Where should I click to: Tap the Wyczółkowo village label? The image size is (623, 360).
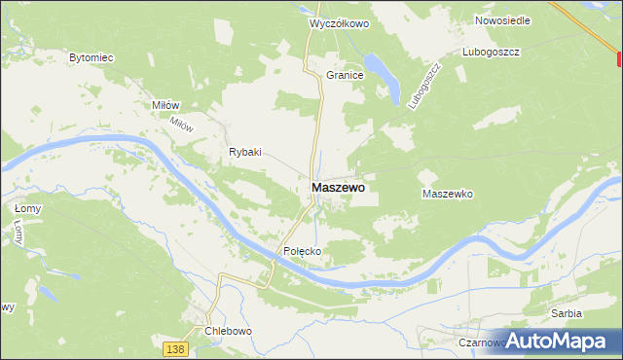[339, 22]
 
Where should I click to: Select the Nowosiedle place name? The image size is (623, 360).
[501, 19]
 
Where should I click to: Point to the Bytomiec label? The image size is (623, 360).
[92, 58]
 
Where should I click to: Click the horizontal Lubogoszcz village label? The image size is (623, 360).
[493, 51]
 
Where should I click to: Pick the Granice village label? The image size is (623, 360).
[345, 74]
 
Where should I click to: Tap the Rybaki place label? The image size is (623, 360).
[245, 152]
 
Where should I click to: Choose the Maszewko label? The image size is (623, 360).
[447, 194]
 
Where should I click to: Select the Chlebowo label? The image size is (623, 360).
[228, 331]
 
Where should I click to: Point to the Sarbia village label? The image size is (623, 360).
[566, 313]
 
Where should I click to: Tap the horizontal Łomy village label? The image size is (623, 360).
[26, 208]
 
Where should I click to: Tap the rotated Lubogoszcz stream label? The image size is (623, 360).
[421, 86]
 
